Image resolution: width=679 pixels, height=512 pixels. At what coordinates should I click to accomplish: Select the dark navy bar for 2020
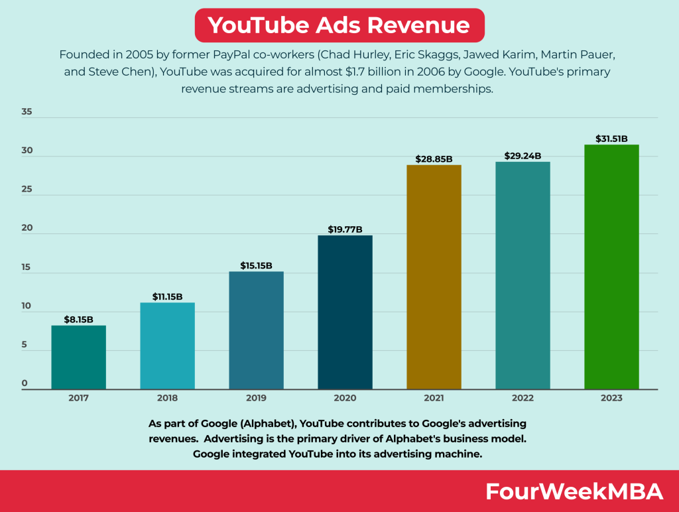click(x=345, y=312)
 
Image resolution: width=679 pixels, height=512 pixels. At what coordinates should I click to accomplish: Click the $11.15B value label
click(x=167, y=296)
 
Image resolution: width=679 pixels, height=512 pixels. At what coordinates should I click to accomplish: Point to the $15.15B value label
click(x=256, y=265)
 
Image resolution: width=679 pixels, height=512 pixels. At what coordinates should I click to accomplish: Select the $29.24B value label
click(x=523, y=156)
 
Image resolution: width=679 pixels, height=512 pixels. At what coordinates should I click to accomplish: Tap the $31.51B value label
click(x=611, y=139)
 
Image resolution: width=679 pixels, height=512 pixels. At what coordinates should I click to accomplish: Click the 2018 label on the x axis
click(x=167, y=398)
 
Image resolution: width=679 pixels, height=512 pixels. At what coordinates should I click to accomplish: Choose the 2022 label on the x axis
click(x=523, y=398)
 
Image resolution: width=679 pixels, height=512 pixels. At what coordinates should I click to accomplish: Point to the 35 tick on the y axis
click(x=27, y=112)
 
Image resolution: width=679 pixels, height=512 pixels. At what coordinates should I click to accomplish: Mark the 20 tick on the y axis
click(x=27, y=228)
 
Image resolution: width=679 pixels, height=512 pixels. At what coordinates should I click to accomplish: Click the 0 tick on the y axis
click(x=25, y=384)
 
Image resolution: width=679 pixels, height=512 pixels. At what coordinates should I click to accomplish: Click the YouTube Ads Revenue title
click(x=339, y=25)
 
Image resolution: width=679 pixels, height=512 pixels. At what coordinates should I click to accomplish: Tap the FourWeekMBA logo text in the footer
click(x=574, y=491)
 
